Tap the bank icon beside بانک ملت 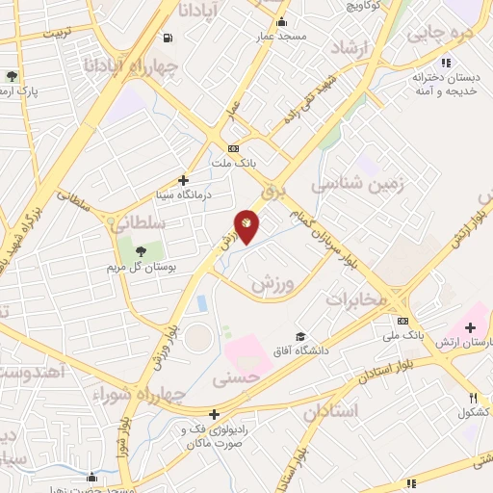click(x=232, y=148)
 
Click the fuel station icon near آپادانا click(x=169, y=39)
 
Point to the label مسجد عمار click(x=280, y=37)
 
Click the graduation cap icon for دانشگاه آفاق click(x=301, y=337)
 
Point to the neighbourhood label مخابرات click(x=354, y=298)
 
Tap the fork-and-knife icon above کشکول click(x=473, y=398)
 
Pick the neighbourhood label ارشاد click(x=350, y=49)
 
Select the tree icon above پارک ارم click(x=12, y=76)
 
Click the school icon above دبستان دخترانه click(x=445, y=62)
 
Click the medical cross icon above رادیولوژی click(x=214, y=415)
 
